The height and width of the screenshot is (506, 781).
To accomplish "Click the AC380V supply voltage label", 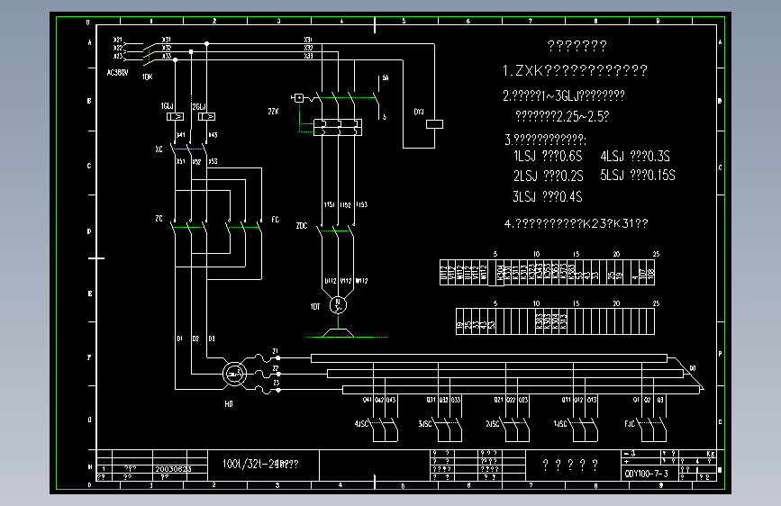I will pos(119,71).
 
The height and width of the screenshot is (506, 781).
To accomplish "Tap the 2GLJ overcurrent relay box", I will pos(206,116).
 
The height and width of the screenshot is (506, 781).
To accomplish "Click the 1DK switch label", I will pos(147,77).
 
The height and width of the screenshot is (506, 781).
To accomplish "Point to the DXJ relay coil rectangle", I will pos(437,124).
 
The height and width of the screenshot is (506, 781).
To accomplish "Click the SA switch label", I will pos(385,79).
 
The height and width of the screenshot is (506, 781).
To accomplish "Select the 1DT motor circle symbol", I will pos(339,304).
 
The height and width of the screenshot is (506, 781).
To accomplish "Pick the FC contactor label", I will pos(275,219).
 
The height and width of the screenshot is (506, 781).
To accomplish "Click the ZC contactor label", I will pos(159,219).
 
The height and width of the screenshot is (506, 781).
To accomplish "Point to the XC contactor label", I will pos(159,149).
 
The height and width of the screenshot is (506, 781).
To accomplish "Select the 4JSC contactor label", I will pos(361,423).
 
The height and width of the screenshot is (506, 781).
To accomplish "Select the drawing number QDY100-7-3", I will pos(646,474).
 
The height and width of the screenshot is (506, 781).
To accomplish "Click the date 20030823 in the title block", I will pos(172,469).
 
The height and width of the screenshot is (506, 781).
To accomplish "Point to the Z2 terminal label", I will pos(275,368).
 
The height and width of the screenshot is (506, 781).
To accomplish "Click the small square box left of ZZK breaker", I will pos(298,97).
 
